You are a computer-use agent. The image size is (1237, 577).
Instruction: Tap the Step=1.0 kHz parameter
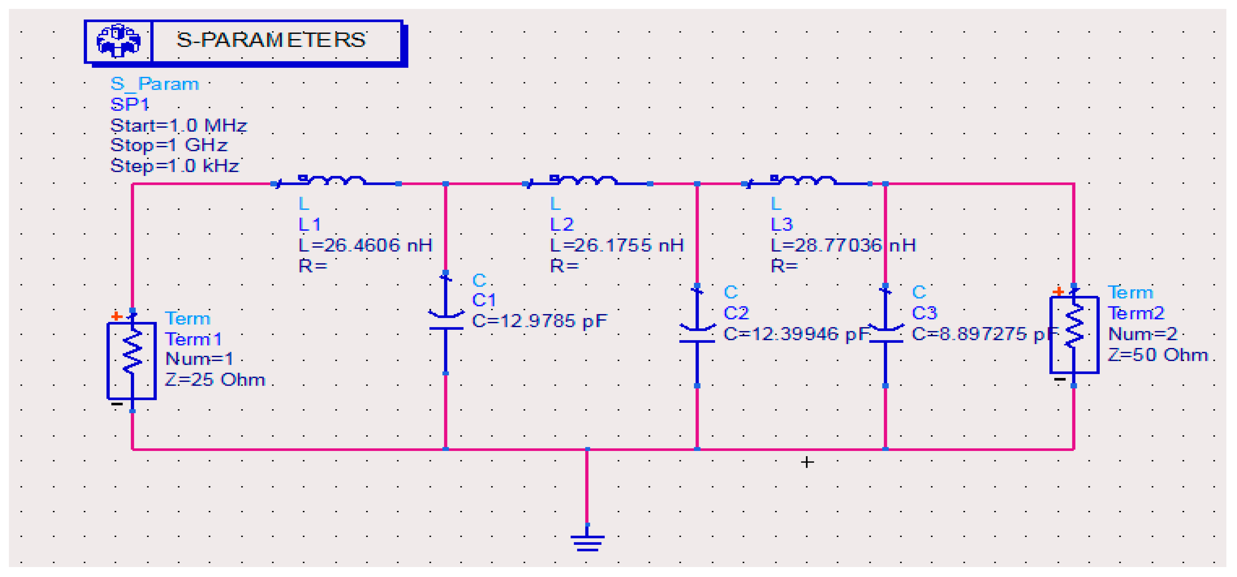174,166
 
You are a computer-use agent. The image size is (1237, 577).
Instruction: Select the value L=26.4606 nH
365,246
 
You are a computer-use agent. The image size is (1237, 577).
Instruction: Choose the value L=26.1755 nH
616,246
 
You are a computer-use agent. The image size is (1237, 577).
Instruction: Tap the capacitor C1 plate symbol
446,322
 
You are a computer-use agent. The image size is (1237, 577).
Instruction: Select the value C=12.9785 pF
539,321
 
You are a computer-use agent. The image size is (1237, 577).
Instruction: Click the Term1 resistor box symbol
131,360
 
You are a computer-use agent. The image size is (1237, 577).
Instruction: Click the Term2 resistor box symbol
1074,335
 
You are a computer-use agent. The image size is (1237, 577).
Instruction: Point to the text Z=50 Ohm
1157,355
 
